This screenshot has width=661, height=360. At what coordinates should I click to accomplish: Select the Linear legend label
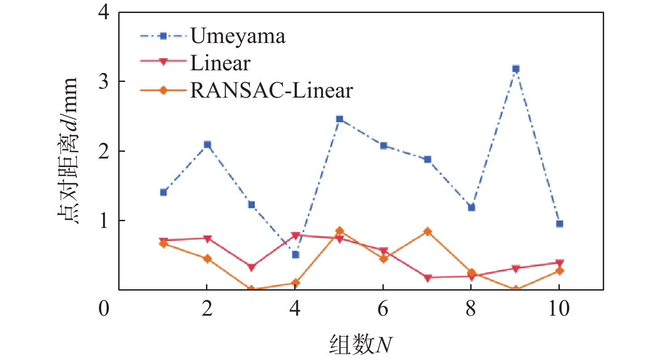coord(219,63)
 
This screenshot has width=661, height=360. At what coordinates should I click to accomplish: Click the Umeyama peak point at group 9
coord(515,69)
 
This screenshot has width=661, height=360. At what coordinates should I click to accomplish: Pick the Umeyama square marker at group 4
coord(295,255)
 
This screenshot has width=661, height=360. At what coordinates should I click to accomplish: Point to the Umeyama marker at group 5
coord(339,119)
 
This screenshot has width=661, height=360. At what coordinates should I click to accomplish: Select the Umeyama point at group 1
coord(163,193)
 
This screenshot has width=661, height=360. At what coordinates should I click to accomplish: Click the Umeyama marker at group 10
coord(559,224)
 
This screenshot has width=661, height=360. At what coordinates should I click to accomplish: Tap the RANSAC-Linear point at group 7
coord(427,231)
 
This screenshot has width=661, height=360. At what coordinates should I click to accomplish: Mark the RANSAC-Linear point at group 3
coord(251,289)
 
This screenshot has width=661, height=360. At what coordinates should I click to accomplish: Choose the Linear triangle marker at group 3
coord(251,267)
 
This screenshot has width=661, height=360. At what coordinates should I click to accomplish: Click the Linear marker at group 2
coord(207,239)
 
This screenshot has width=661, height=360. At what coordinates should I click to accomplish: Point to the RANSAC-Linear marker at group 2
coord(207,259)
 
